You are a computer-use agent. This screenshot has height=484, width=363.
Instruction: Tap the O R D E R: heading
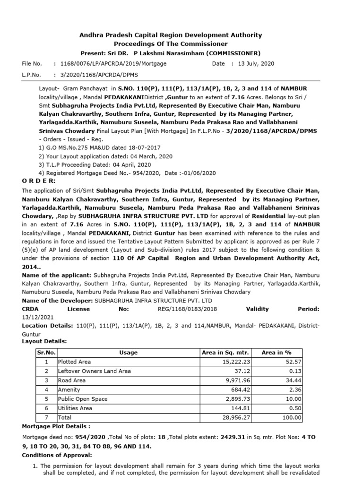click(39, 181)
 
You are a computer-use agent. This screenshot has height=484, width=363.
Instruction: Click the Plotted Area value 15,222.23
click(236, 362)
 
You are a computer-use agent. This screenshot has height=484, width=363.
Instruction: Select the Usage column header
click(128, 353)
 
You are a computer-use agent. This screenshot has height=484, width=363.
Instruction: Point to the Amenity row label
click(69, 389)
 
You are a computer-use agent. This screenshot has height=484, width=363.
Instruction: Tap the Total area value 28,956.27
click(236, 417)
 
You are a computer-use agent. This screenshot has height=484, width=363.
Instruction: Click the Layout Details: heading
click(44, 341)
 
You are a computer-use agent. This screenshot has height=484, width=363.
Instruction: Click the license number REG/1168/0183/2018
click(188, 309)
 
